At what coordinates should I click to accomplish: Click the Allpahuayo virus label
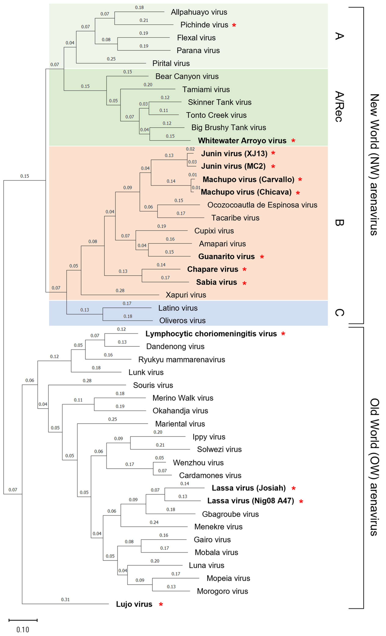click(x=199, y=12)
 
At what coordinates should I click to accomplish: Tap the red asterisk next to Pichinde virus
click(x=234, y=25)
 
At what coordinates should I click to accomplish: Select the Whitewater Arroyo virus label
click(x=242, y=141)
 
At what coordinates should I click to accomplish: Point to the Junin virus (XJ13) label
click(x=234, y=154)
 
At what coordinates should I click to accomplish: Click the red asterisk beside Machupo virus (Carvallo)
click(x=300, y=180)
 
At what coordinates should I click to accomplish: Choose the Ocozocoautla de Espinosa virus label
click(x=262, y=205)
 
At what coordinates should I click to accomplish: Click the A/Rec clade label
click(x=339, y=106)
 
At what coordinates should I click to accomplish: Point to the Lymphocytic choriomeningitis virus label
click(x=211, y=334)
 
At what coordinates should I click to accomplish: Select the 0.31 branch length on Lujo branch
click(x=65, y=599)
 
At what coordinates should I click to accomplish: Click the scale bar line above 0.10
click(x=23, y=620)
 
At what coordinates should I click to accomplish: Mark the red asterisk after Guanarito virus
click(x=262, y=257)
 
